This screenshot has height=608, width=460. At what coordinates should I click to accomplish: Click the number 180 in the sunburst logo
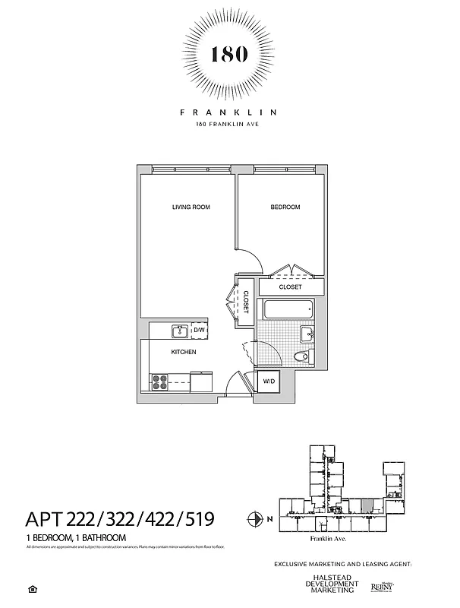tap(228, 55)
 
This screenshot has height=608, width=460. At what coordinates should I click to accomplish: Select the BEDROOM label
tap(285, 207)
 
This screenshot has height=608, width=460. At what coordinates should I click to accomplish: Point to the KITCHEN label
tap(184, 353)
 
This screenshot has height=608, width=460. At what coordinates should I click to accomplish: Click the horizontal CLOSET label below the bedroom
tap(290, 287)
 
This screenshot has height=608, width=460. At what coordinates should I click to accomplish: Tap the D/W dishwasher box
tap(200, 331)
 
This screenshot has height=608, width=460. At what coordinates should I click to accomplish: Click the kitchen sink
tap(180, 331)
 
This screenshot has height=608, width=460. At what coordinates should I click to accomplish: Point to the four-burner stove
tap(160, 382)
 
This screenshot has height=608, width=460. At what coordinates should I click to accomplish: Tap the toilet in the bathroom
tap(301, 356)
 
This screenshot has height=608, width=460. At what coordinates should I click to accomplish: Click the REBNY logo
tap(381, 587)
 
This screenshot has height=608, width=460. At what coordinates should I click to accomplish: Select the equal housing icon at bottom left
tap(32, 589)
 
